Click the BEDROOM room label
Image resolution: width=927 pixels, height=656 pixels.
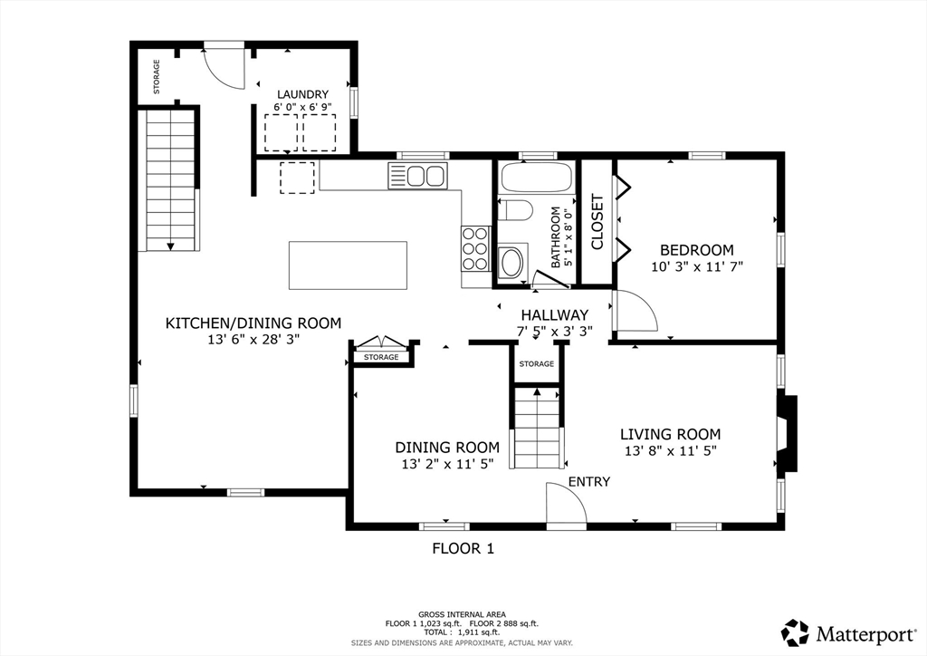click(696, 250)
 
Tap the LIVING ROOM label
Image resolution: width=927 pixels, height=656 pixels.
click(671, 435)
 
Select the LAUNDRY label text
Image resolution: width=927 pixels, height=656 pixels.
click(302, 94)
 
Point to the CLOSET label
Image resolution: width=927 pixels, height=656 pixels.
click(597, 222)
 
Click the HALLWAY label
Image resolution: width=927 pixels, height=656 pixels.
click(555, 315)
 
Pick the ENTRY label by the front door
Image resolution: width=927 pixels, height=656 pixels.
click(588, 482)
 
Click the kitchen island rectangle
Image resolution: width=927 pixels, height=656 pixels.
click(348, 265)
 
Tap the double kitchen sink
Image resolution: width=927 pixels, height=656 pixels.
click(417, 176)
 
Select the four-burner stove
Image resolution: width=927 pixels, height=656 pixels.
click(475, 249)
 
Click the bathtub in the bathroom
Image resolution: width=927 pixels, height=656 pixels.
click(537, 177)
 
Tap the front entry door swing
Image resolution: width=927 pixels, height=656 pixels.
click(566, 504)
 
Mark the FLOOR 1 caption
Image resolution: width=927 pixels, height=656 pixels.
click(463, 549)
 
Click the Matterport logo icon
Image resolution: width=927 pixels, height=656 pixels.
click(795, 633)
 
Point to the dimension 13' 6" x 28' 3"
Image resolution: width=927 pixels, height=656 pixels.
click(253, 340)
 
